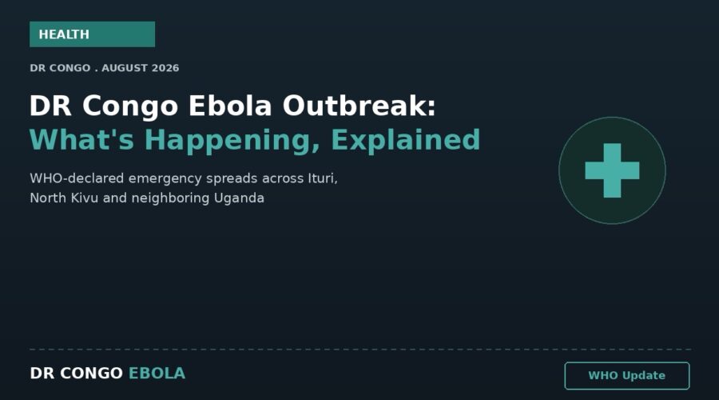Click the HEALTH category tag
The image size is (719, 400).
[92, 34]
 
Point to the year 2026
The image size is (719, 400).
[165, 68]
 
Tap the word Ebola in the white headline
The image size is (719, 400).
[230, 106]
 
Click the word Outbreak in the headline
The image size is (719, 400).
[359, 106]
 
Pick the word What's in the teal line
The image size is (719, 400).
[81, 140]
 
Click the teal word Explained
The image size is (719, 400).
[405, 141]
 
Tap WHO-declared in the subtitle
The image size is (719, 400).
[77, 178]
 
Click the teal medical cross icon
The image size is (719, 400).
[612, 170]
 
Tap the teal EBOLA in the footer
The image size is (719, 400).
[157, 374]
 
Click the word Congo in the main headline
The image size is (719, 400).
[130, 106]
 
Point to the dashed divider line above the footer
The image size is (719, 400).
[360, 350]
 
